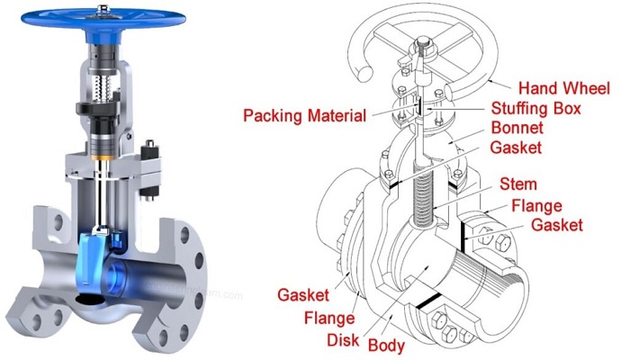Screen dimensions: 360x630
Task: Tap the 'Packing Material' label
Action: click(x=305, y=116)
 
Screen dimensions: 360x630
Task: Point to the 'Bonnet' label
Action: click(x=515, y=129)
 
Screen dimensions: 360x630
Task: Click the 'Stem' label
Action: click(x=519, y=186)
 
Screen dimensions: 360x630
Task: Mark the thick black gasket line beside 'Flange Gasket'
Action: click(x=461, y=229)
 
